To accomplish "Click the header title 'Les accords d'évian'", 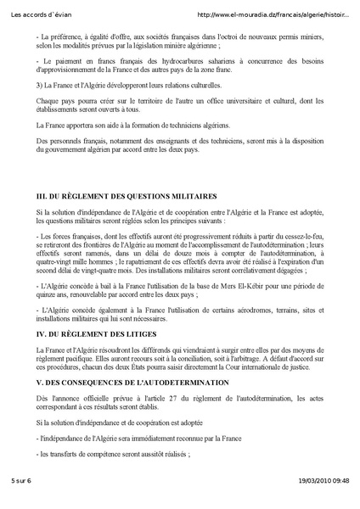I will [x=39, y=14].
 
